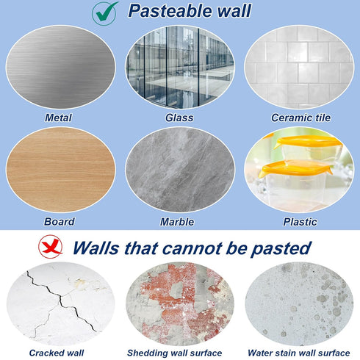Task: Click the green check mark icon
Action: (104, 12)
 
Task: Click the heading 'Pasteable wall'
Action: (189, 11)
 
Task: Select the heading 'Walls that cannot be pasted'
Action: (192, 248)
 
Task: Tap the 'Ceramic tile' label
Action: (301, 118)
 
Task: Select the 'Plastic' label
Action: (300, 221)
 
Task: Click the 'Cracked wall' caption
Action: (57, 353)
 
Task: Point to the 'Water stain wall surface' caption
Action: (299, 353)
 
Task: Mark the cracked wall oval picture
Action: (60, 303)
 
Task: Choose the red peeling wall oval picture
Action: (180, 303)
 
